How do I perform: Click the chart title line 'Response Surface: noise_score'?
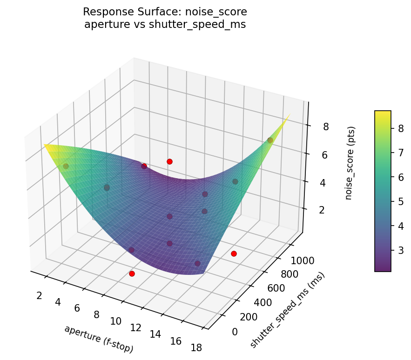165,12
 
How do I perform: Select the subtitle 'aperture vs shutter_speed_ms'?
165,24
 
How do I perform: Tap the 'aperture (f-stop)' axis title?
99,339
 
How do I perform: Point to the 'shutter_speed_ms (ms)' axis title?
287,310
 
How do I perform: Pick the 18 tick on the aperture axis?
196,347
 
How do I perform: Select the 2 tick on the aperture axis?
39,295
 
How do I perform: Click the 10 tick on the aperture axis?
116,321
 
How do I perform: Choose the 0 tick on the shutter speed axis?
234,332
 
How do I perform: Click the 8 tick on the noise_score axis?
313,127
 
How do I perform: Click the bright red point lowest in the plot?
132,274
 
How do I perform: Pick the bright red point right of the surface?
234,253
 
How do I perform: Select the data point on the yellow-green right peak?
270,140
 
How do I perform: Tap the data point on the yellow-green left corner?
66,166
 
